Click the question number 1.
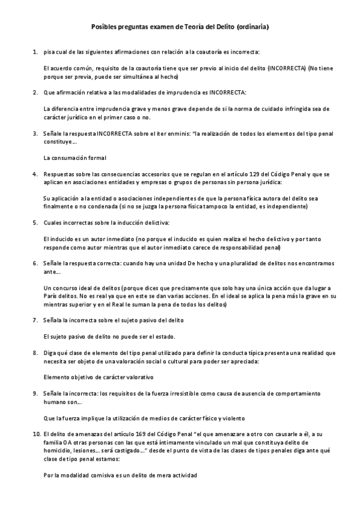[x=35, y=53]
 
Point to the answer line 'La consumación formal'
[x=75, y=158]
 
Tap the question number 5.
[x=35, y=223]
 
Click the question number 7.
[x=35, y=319]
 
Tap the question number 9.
[x=35, y=393]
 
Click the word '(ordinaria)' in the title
[x=253, y=27]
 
